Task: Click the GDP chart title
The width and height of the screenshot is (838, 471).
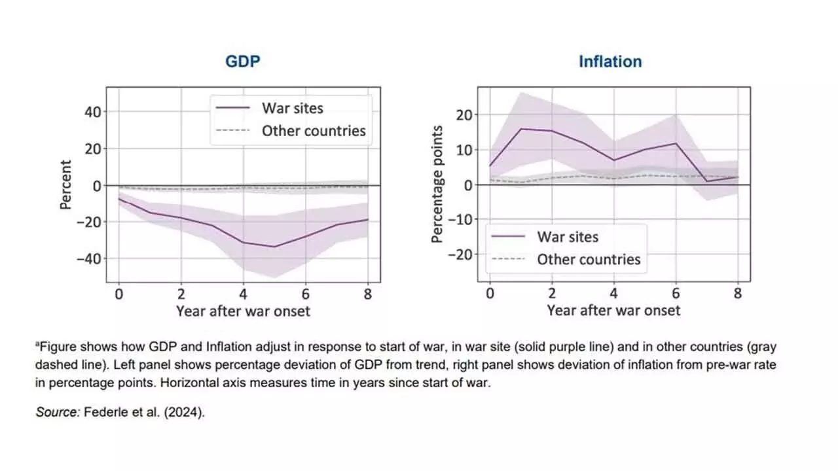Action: pyautogui.click(x=244, y=61)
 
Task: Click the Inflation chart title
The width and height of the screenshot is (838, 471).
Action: pyautogui.click(x=610, y=61)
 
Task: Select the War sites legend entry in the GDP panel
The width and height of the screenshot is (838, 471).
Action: pyautogui.click(x=292, y=108)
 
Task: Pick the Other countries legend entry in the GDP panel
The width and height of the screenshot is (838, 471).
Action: pyautogui.click(x=314, y=131)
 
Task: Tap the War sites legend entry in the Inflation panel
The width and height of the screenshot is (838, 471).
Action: pyautogui.click(x=567, y=236)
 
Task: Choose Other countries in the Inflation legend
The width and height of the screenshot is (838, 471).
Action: pyautogui.click(x=589, y=259)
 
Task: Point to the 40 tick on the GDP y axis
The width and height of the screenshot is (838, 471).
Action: pyautogui.click(x=92, y=112)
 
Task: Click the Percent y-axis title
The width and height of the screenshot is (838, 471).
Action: pyautogui.click(x=66, y=185)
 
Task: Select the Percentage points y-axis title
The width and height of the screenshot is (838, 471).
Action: pyautogui.click(x=437, y=185)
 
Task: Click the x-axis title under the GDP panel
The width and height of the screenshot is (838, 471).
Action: pyautogui.click(x=243, y=311)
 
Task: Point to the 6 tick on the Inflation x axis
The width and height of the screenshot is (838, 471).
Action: pyautogui.click(x=676, y=294)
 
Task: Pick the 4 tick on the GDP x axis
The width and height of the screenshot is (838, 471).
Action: pyautogui.click(x=244, y=294)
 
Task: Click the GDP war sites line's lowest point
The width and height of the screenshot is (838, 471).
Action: pyautogui.click(x=274, y=247)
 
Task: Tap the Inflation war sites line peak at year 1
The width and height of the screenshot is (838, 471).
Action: pyautogui.click(x=521, y=129)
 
